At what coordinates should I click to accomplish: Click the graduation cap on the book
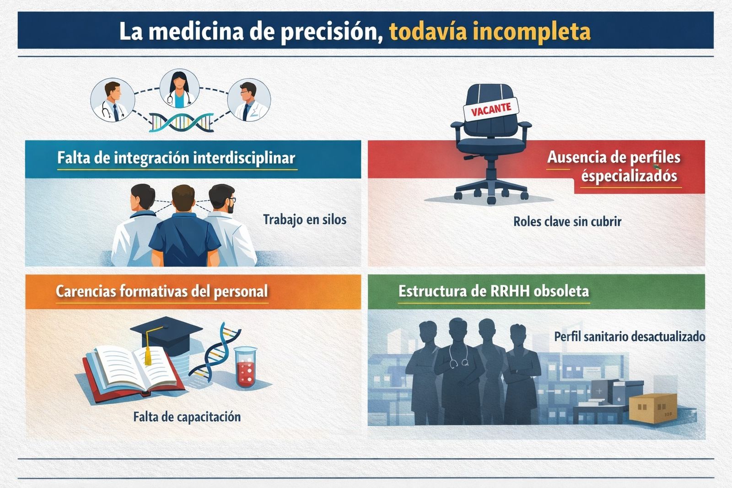pos(167,332)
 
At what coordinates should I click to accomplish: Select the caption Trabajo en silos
pos(305,220)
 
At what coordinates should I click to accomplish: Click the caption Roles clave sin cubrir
pos(567,222)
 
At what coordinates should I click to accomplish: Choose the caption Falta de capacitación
pos(187,417)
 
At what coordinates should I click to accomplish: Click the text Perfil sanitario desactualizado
pos(629,337)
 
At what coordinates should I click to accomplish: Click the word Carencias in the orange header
pos(86,291)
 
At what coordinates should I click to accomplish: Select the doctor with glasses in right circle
pos(249,100)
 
